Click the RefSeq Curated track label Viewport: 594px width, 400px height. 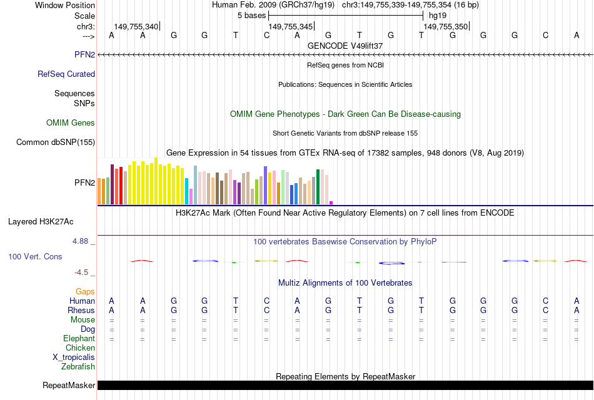click(66, 74)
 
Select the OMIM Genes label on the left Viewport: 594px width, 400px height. click(71, 123)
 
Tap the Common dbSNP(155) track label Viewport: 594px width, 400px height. click(56, 142)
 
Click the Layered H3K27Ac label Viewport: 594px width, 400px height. click(41, 221)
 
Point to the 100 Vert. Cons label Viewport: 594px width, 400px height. click(35, 257)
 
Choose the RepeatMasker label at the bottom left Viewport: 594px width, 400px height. click(69, 386)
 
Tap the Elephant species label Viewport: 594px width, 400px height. click(79, 339)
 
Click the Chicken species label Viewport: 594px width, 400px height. click(80, 348)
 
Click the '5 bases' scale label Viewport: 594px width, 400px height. click(252, 15)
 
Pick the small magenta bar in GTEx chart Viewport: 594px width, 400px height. click(331, 202)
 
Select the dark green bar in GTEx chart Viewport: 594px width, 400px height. click(318, 186)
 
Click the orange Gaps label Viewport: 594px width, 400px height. click(85, 292)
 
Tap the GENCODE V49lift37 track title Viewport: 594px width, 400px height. click(345, 46)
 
